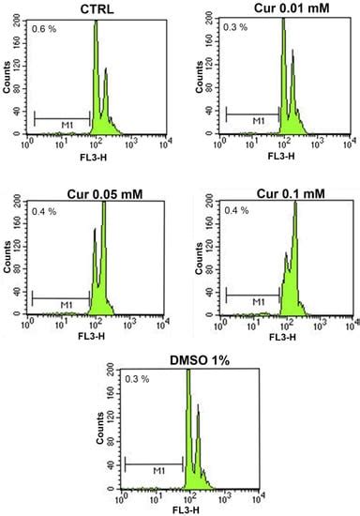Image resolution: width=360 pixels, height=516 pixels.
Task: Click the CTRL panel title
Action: coord(95,8)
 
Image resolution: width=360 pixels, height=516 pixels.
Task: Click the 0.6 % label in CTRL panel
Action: coord(44,29)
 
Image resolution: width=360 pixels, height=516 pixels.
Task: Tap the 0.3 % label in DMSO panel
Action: coord(138,378)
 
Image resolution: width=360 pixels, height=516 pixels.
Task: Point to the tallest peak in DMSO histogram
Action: coord(187,372)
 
